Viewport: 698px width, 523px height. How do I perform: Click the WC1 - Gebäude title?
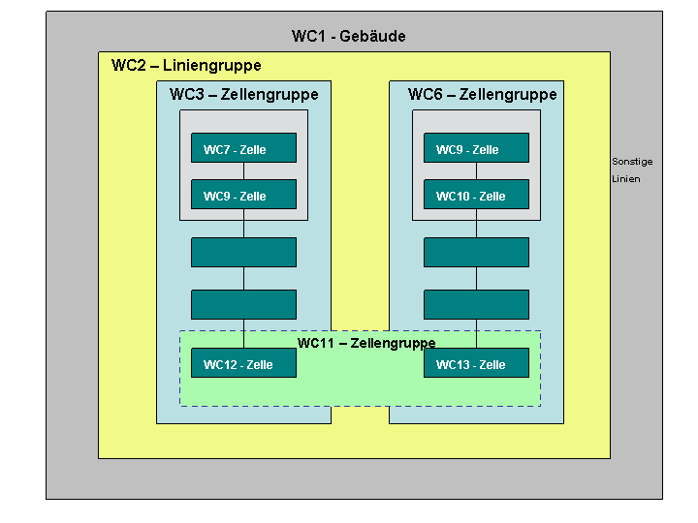(x=349, y=36)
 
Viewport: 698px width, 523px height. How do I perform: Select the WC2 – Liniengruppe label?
(x=186, y=66)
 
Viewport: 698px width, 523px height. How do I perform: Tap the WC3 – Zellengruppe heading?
(x=244, y=94)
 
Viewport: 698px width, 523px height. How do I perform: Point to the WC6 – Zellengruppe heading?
(x=482, y=94)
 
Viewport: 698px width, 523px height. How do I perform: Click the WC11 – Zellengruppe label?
(x=366, y=343)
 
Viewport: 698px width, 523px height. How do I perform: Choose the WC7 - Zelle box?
(x=243, y=147)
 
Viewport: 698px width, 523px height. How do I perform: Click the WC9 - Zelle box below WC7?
(x=243, y=195)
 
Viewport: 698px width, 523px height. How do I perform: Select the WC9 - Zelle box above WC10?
(x=476, y=147)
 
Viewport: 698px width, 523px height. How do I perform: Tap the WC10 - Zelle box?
(x=476, y=195)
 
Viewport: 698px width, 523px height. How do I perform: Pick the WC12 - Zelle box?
(x=243, y=363)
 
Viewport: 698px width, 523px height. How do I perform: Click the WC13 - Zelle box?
(x=476, y=363)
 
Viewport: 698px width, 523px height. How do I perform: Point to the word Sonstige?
(x=632, y=162)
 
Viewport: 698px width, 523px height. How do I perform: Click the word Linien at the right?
(x=626, y=179)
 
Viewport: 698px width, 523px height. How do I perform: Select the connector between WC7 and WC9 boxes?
(x=243, y=171)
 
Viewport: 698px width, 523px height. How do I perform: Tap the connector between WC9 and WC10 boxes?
(x=476, y=171)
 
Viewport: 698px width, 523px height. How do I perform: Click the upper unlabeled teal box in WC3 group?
(x=243, y=252)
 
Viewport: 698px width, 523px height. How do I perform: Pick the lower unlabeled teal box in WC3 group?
(x=243, y=305)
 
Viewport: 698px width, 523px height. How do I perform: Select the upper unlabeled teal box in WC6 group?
(x=476, y=252)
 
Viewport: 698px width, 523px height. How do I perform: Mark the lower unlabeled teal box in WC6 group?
(x=476, y=305)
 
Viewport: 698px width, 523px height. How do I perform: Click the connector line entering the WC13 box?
(x=476, y=333)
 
